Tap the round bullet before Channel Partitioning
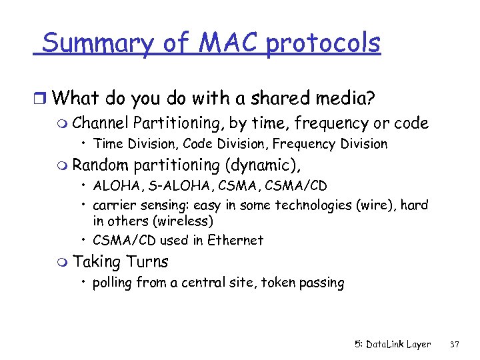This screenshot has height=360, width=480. pyautogui.click(x=63, y=123)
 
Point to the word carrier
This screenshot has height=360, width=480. pyautogui.click(x=115, y=205)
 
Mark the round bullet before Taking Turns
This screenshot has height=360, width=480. pyautogui.click(x=63, y=262)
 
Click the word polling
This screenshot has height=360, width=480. pyautogui.click(x=113, y=283)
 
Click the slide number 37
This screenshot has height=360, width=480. pyautogui.click(x=456, y=344)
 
